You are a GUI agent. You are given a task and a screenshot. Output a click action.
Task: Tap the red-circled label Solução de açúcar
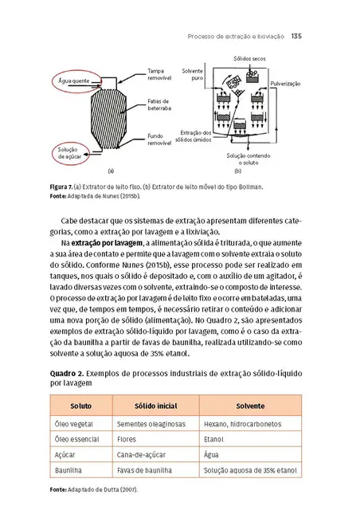point(68,153)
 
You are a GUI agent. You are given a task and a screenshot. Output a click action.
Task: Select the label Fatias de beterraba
point(159,105)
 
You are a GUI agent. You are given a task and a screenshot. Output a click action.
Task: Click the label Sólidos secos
point(249,60)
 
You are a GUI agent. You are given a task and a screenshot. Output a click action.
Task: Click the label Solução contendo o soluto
point(248,159)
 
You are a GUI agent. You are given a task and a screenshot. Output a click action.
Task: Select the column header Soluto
point(80,406)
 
